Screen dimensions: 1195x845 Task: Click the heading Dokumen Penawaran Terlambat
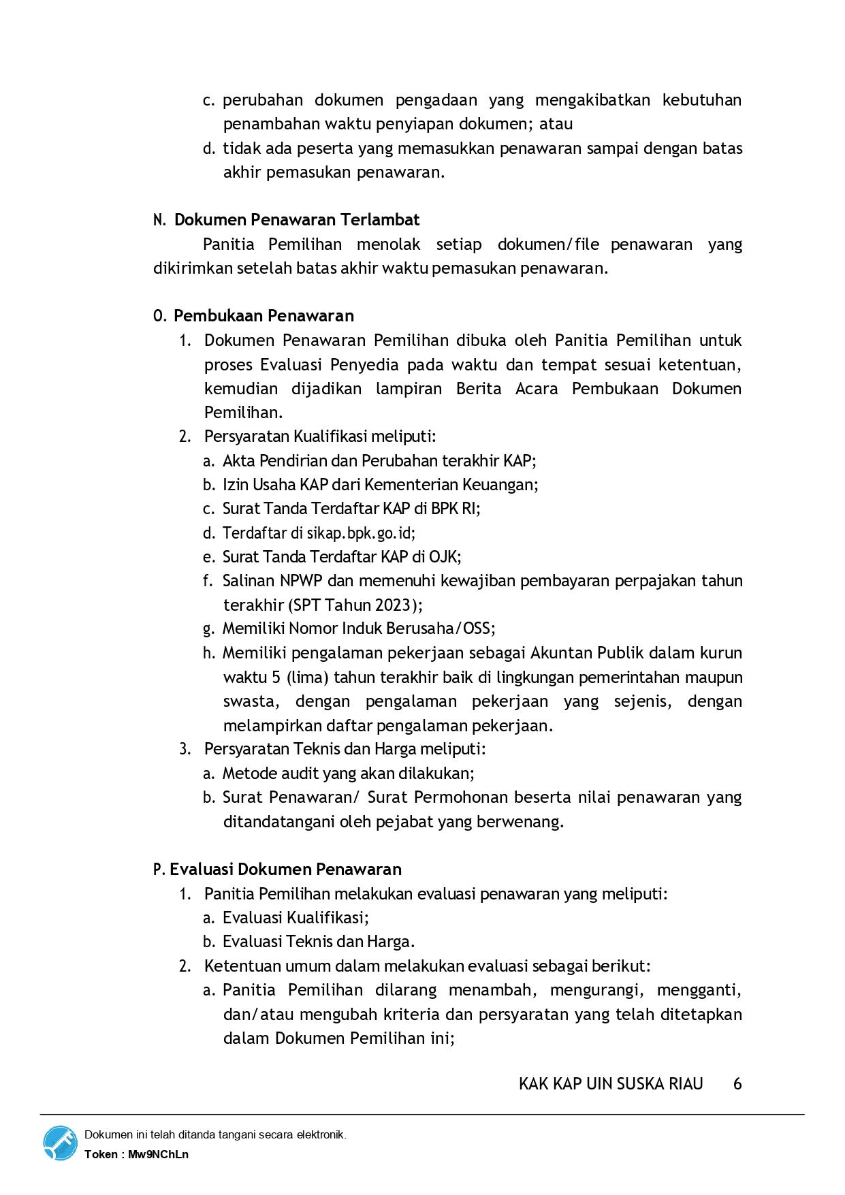[x=297, y=220]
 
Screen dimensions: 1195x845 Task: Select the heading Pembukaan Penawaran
[x=264, y=316]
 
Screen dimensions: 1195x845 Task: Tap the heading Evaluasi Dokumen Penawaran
[x=285, y=870]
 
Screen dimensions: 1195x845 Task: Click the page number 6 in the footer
[x=737, y=1084]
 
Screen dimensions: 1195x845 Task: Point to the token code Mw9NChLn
[x=158, y=1154]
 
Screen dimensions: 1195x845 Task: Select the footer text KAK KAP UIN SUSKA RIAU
[x=611, y=1084]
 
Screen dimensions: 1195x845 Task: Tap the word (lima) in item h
[x=308, y=678]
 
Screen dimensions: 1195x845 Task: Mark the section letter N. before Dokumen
[x=159, y=221]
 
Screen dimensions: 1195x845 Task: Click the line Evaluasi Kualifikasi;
[x=296, y=918]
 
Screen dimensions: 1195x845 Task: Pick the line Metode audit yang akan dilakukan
[x=348, y=774]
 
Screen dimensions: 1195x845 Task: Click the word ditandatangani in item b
[x=279, y=822]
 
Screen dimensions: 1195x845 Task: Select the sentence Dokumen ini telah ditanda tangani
[x=215, y=1135]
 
